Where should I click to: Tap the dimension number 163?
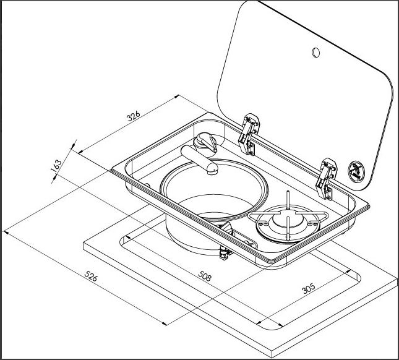click(x=56, y=166)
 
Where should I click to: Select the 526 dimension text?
click(x=91, y=277)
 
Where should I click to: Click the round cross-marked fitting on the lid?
click(x=357, y=169)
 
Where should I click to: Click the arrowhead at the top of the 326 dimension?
click(x=179, y=96)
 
